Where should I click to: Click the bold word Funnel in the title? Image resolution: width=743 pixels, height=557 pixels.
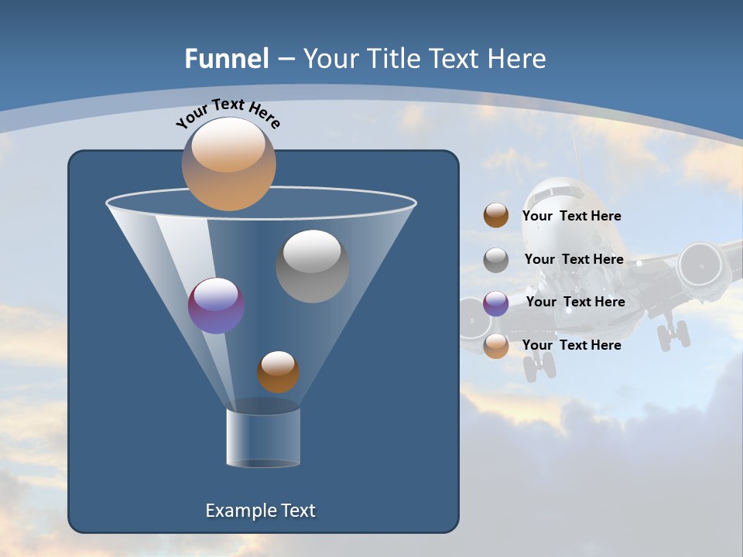coord(226,59)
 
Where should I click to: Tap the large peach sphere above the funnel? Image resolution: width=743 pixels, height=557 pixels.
coord(228,163)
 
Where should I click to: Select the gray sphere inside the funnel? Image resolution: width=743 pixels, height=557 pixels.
coord(312,265)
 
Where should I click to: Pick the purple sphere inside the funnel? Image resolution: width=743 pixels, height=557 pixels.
coord(216,306)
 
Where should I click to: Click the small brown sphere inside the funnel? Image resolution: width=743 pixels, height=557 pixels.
coord(278,371)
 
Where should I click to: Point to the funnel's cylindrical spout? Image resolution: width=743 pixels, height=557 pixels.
coord(262,436)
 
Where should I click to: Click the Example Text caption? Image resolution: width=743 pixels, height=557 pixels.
coord(261,511)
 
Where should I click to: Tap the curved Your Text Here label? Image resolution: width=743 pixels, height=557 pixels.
coord(228,114)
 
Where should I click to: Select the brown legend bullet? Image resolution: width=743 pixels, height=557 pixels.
coord(496,216)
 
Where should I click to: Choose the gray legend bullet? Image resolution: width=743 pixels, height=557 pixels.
coord(496,260)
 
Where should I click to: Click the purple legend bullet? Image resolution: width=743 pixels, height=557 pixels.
coord(496,303)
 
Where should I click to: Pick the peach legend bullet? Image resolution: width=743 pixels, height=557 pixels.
coord(496,346)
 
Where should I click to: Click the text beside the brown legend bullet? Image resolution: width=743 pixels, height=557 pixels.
coord(571,216)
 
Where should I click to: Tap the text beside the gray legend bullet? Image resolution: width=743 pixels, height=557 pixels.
coord(574,259)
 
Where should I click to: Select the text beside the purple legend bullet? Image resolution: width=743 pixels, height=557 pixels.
coord(575,302)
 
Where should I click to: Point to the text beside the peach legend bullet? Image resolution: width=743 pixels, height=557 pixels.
coord(571,345)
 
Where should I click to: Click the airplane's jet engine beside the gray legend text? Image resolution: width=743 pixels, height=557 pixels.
coord(704,266)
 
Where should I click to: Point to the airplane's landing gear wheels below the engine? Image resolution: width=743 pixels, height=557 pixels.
coord(673,335)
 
